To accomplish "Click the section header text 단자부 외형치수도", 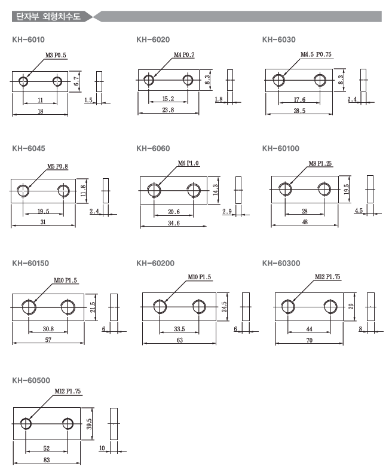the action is point(48,16).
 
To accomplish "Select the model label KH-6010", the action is point(28,40).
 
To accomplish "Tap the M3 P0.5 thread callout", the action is point(56,55).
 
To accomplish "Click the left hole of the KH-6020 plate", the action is point(149,80).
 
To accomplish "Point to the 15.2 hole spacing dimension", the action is point(168,99).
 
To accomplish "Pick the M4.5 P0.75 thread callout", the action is point(316,54).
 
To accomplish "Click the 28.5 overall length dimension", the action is point(299,111).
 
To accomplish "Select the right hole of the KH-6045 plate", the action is point(63,191).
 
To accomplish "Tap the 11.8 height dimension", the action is point(83,191).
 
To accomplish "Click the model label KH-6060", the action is point(153,148).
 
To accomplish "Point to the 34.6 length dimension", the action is point(174,223).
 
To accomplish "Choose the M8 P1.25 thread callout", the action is point(320,163).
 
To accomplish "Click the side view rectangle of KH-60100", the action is point(370,189).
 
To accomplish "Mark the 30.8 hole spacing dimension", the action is point(48,329).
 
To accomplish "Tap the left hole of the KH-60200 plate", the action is point(160,307).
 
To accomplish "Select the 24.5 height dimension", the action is point(224,307).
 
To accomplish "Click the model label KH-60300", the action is point(281,263).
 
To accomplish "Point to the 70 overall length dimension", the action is point(309,340).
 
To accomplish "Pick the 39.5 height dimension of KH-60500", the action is point(89,424).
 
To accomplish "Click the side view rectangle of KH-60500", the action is point(114,424).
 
